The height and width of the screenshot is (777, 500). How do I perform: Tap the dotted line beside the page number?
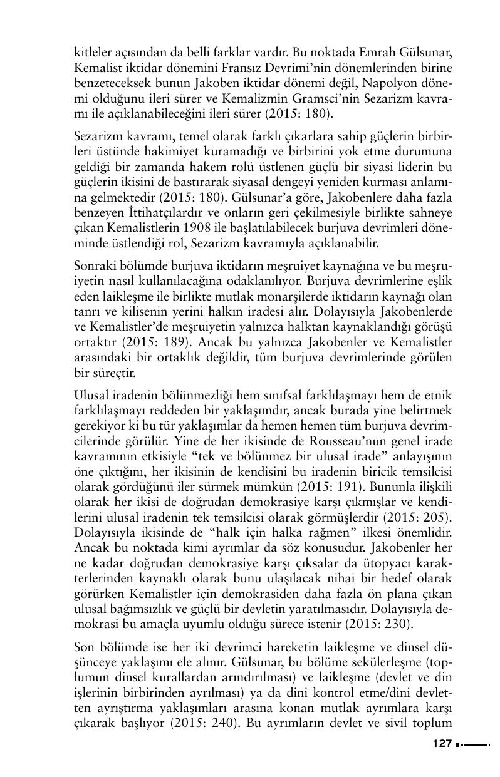point(472,745)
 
